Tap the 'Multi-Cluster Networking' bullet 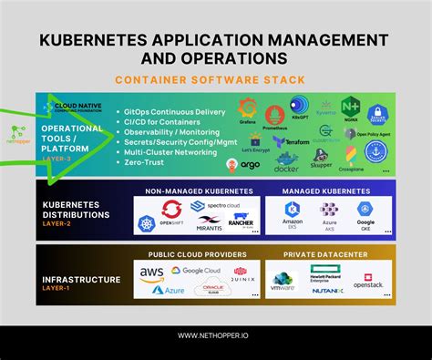point(174,153)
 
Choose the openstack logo point(369,280)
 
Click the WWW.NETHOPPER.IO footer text point(216,335)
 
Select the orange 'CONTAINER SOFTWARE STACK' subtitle point(216,79)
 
